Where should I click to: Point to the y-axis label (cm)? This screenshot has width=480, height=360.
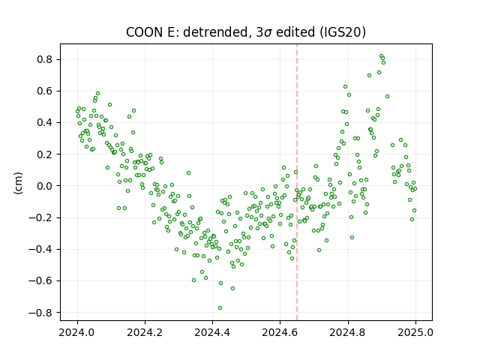(18, 183)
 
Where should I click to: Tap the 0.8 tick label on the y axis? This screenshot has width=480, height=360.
(45, 59)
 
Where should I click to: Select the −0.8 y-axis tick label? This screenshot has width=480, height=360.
(40, 313)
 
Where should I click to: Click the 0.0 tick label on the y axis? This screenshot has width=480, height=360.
(45, 186)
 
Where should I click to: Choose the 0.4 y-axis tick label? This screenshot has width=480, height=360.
(45, 123)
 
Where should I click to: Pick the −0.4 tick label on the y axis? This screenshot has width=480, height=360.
(40, 249)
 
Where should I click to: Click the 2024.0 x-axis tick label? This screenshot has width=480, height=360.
(77, 332)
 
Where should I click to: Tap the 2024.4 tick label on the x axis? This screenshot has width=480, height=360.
(212, 332)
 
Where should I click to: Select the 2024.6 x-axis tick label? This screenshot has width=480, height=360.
(280, 332)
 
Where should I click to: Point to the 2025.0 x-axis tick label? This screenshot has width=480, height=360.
(415, 332)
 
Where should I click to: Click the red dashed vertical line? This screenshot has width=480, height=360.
(297, 182)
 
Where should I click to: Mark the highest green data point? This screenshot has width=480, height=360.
(382, 56)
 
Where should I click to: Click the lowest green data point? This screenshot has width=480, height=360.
(220, 308)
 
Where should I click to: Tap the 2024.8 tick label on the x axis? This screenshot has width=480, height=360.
(348, 332)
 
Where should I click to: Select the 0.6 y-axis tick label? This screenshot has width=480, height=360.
(45, 91)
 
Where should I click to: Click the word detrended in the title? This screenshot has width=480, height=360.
(217, 31)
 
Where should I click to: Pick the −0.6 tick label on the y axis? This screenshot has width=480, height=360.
(40, 280)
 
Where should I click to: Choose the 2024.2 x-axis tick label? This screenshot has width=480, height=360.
(145, 332)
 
